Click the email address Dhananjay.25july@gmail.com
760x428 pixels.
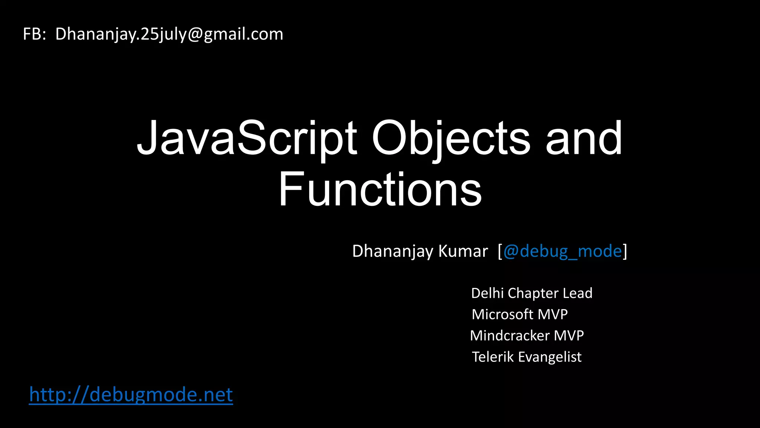click(x=169, y=34)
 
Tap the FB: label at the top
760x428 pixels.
click(x=35, y=34)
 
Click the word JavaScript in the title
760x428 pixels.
click(x=247, y=138)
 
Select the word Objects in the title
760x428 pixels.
click(x=451, y=138)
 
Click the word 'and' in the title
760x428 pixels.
click(x=584, y=138)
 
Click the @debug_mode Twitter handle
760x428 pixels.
click(x=562, y=251)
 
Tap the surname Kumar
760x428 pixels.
click(x=463, y=251)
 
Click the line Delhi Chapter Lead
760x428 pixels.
click(x=531, y=293)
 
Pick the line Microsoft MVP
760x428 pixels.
click(x=520, y=314)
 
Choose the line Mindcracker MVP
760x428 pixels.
click(x=527, y=335)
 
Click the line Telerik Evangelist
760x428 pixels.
click(x=527, y=357)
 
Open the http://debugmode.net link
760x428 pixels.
click(x=131, y=395)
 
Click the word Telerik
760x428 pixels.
click(x=493, y=357)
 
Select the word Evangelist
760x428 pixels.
click(x=550, y=357)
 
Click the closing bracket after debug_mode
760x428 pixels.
click(x=625, y=252)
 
